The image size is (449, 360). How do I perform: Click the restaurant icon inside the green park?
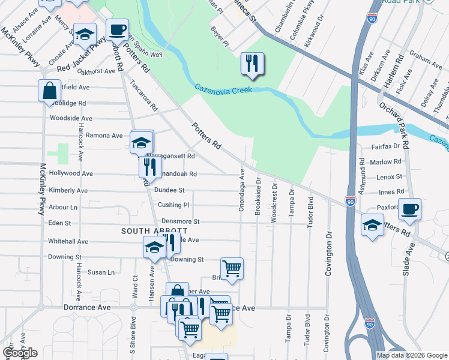[x=252, y=64]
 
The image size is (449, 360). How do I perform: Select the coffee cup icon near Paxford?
[x=409, y=209]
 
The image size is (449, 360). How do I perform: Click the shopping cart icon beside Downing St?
[x=232, y=268]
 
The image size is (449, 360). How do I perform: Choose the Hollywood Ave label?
[x=71, y=173]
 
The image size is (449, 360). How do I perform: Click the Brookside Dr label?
[x=258, y=192]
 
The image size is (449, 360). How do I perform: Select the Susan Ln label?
[x=101, y=272]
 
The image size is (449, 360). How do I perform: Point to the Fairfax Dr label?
[x=385, y=146]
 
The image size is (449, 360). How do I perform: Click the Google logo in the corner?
[x=20, y=353]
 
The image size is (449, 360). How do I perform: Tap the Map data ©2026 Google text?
[x=412, y=355]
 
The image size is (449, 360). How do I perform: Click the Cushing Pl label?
[x=173, y=205]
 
